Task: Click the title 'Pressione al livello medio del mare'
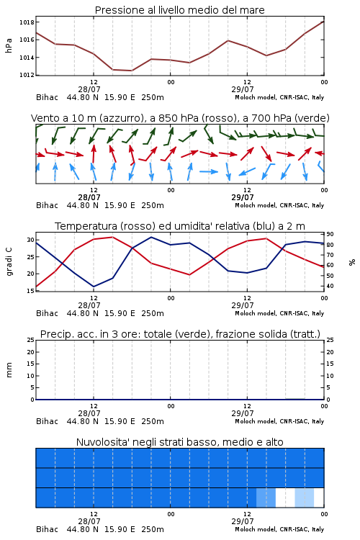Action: [x=179, y=10]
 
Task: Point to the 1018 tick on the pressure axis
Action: [x=27, y=22]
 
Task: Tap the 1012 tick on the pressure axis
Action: [x=27, y=75]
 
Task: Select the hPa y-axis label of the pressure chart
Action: [x=9, y=45]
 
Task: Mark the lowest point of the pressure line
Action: [x=132, y=71]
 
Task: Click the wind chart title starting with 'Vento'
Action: [x=180, y=118]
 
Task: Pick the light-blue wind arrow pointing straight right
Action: [x=209, y=171]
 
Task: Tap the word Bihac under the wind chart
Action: [x=47, y=205]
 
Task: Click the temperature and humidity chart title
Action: [x=180, y=226]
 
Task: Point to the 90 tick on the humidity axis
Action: [x=330, y=234]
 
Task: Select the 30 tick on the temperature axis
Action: [x=31, y=240]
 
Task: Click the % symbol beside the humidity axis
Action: [x=352, y=262]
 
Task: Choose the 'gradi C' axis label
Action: [x=9, y=262]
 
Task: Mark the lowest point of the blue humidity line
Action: [x=94, y=287]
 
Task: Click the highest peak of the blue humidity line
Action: [x=151, y=237]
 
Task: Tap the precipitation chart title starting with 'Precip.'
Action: [x=180, y=334]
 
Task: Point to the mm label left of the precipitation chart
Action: [x=9, y=370]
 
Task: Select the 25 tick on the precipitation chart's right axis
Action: [x=330, y=340]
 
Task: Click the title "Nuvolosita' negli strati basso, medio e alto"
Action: [x=179, y=442]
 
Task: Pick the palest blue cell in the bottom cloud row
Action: [x=304, y=498]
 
